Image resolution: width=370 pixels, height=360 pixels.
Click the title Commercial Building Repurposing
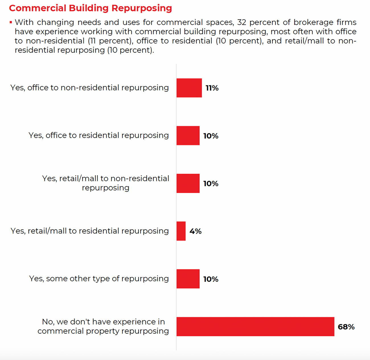[91, 8]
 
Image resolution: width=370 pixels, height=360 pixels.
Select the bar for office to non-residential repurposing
[189, 88]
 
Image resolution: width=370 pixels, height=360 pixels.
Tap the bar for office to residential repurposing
[188, 136]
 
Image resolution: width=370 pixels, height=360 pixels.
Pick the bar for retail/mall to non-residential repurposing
[188, 183]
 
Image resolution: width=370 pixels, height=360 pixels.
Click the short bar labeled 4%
[181, 231]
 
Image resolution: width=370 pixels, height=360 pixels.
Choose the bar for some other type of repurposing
[188, 279]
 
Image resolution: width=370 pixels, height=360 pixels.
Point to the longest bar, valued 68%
[255, 327]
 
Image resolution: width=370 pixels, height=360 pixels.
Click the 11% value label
[212, 88]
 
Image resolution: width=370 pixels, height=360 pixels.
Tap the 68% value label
[346, 327]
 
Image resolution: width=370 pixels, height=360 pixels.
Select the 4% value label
[196, 231]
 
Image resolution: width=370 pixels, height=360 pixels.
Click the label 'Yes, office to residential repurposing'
[98, 135]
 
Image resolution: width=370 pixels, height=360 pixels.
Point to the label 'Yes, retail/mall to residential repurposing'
[90, 231]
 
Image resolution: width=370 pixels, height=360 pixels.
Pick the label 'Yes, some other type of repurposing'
[99, 279]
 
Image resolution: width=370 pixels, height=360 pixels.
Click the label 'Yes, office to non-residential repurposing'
[90, 88]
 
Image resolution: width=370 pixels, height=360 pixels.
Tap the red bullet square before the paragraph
[11, 22]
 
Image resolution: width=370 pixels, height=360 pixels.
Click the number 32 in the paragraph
[242, 22]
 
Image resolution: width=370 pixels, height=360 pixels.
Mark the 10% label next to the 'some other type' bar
[211, 279]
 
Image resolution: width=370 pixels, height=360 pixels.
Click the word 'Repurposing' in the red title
[142, 8]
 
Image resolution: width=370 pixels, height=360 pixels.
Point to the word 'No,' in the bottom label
[48, 322]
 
